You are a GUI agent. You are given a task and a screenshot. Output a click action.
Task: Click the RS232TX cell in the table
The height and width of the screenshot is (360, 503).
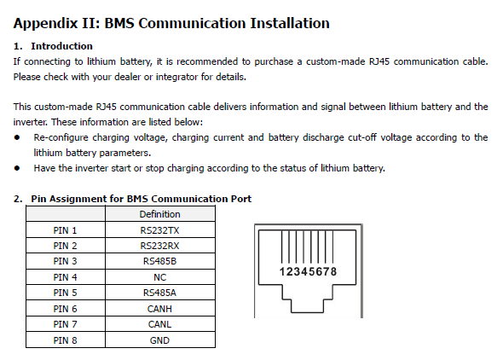pyautogui.click(x=159, y=230)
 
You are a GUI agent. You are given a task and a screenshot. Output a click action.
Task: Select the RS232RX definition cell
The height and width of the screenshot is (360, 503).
pyautogui.click(x=159, y=246)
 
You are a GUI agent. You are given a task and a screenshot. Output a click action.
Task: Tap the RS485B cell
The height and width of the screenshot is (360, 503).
pyautogui.click(x=159, y=261)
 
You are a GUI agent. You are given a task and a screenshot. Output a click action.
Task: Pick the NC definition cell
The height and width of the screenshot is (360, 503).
pyautogui.click(x=159, y=277)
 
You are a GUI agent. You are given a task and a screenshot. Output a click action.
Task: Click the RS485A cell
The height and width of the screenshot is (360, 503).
pyautogui.click(x=159, y=293)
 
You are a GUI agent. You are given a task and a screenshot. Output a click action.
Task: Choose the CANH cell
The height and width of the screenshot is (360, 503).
pyautogui.click(x=159, y=309)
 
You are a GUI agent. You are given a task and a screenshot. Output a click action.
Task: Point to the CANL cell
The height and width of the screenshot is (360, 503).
pyautogui.click(x=159, y=324)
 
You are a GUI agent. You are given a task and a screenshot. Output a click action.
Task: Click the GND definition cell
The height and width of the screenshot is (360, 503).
pyautogui.click(x=159, y=340)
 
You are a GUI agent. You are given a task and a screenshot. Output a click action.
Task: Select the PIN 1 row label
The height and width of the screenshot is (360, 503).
pyautogui.click(x=65, y=230)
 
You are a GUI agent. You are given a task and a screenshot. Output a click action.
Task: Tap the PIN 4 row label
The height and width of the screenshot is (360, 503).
pyautogui.click(x=65, y=277)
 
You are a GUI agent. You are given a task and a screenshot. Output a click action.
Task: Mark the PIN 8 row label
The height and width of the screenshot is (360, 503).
pyautogui.click(x=65, y=340)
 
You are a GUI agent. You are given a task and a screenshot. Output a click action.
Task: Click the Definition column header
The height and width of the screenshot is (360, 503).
pyautogui.click(x=159, y=214)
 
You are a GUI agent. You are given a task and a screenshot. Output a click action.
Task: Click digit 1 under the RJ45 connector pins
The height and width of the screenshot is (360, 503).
pyautogui.click(x=282, y=272)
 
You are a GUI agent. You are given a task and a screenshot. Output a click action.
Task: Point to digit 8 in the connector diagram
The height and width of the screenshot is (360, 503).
pyautogui.click(x=333, y=272)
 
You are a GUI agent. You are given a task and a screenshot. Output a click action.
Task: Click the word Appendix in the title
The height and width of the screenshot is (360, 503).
pyautogui.click(x=45, y=24)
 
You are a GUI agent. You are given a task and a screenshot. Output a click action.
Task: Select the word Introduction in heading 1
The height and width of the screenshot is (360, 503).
pyautogui.click(x=62, y=46)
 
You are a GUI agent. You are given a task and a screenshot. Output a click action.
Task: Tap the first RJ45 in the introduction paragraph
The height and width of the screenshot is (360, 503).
pyautogui.click(x=379, y=61)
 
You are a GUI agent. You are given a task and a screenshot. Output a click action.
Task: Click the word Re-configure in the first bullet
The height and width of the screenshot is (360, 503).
pyautogui.click(x=61, y=137)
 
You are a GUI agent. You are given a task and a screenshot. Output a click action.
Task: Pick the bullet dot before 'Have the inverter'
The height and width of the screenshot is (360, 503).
pyautogui.click(x=17, y=168)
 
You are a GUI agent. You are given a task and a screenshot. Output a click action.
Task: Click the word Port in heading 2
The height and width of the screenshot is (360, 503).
pyautogui.click(x=241, y=199)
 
